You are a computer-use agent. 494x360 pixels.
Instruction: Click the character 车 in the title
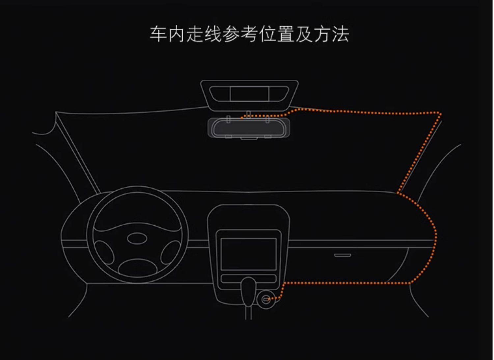click(x=158, y=34)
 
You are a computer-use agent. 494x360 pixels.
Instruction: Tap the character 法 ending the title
click(x=340, y=34)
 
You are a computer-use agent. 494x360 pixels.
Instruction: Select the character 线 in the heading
click(x=213, y=34)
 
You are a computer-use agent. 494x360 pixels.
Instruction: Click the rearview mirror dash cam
click(x=249, y=128)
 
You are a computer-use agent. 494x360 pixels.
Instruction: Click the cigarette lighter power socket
click(x=266, y=300)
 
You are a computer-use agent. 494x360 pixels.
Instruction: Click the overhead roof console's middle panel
click(x=249, y=94)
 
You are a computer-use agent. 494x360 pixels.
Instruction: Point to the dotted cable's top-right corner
click(x=440, y=114)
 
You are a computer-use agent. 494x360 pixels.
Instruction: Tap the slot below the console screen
click(x=249, y=278)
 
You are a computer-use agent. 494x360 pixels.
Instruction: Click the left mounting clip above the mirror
click(x=228, y=119)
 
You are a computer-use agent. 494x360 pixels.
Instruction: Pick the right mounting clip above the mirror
click(x=268, y=119)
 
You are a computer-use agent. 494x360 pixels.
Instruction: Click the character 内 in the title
click(x=177, y=34)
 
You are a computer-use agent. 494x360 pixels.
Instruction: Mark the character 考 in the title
click(x=249, y=34)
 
